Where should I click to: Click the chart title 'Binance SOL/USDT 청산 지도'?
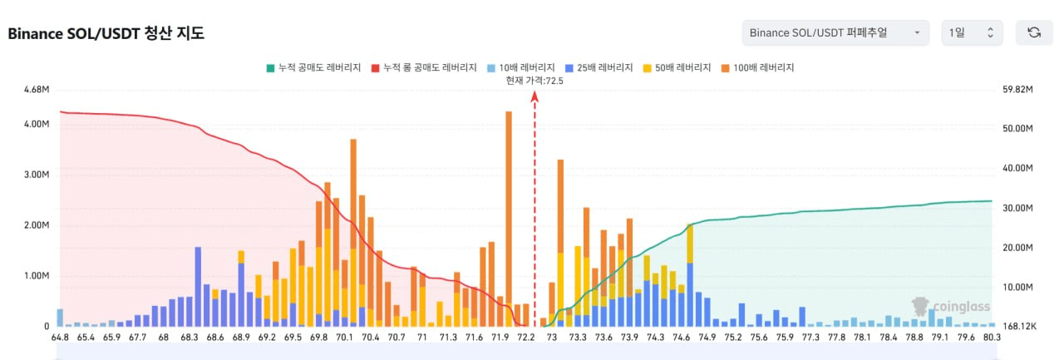pos(106,33)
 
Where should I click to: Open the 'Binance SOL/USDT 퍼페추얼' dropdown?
pos(835,32)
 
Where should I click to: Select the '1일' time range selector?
pos(972,32)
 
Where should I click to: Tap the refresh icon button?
pos(1034,32)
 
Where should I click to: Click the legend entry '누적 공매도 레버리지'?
pos(314,68)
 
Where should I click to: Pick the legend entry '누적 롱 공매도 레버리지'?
pos(424,68)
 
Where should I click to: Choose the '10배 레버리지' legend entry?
pos(521,68)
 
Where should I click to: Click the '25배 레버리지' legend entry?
pos(599,68)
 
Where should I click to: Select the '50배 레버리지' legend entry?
pos(677,68)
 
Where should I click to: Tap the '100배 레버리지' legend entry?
pos(757,68)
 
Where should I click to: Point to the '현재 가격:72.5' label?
pos(534,81)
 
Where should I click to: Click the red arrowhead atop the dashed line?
pos(534,96)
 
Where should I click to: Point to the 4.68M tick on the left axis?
pos(37,89)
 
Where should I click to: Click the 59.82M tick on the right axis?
pos(1017,89)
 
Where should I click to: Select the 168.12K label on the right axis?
pos(1019,326)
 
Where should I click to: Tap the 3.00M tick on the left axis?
pos(37,175)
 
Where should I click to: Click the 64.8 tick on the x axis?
pos(60,338)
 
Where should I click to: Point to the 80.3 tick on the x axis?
pos(992,338)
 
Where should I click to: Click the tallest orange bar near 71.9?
pos(509,207)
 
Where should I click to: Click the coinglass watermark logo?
pos(950,307)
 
